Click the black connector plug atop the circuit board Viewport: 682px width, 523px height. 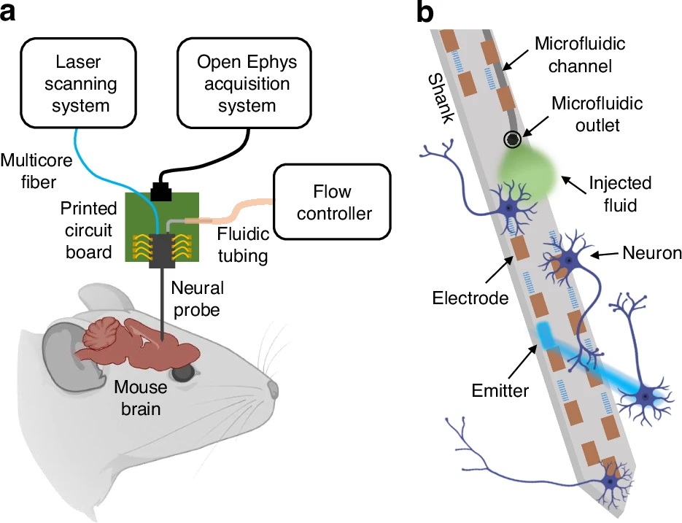point(160,190)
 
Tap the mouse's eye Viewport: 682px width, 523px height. point(185,372)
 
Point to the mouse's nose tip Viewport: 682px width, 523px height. point(273,386)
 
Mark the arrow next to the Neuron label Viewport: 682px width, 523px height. point(605,254)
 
